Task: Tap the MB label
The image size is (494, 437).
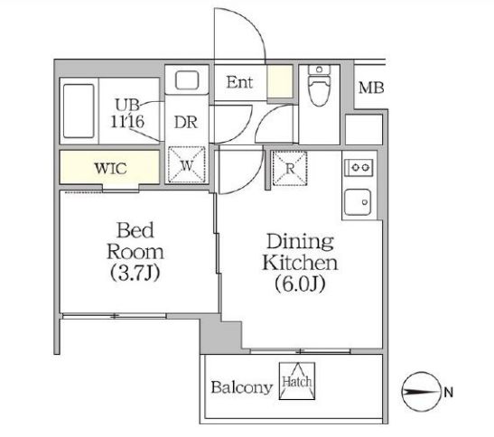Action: click(370, 88)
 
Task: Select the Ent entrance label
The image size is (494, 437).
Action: click(238, 84)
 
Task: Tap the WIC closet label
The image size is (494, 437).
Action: click(112, 167)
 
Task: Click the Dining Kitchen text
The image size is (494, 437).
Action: click(300, 253)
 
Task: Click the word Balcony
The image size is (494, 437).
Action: click(241, 388)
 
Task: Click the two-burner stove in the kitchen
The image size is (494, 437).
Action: click(359, 167)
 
